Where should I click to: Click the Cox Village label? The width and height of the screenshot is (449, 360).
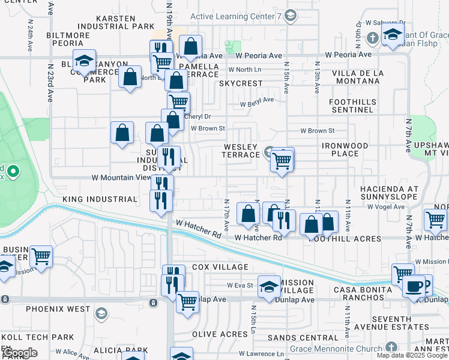220,267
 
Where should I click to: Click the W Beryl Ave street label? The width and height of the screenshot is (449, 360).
257,103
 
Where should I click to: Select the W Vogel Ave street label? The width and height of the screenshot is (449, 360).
386,206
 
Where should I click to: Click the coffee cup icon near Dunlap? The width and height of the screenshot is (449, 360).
413,287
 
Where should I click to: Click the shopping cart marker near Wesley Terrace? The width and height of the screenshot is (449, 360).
282,160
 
